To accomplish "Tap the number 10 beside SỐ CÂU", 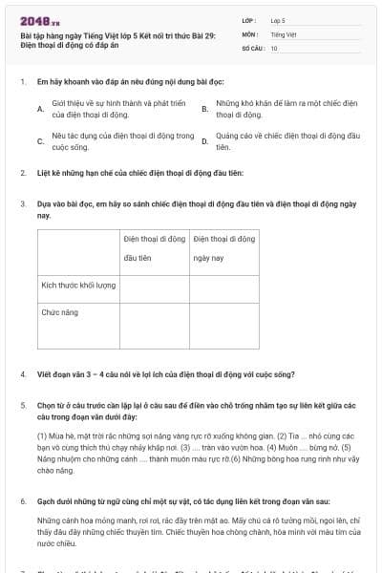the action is coord(274,47).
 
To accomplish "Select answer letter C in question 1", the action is coord(39,141).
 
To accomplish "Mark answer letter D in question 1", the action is coord(204,141).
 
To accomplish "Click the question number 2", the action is coord(22,173).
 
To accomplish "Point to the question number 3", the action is coord(22,203).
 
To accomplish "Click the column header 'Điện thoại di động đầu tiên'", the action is coord(155,247).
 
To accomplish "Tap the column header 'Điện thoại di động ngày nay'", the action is coord(224,247).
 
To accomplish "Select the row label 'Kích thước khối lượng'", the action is coord(78,285).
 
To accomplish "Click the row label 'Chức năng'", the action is coord(58,311).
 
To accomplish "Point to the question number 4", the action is coord(22,374).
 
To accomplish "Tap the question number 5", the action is coord(22,405).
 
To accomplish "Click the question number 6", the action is coord(22,499).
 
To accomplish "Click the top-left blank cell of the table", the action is coord(78,247).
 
